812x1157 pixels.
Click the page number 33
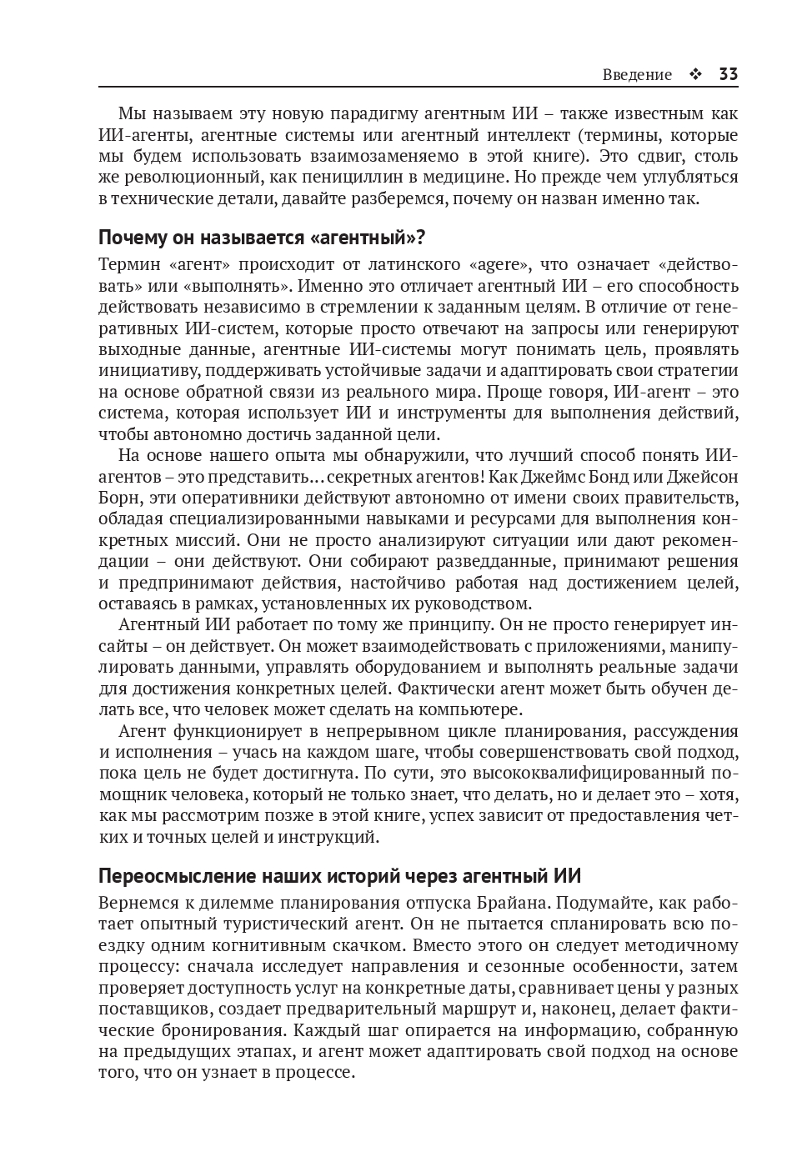point(728,74)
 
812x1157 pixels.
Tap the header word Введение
point(637,75)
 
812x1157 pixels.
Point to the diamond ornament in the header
point(695,75)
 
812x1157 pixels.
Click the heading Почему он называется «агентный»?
point(262,238)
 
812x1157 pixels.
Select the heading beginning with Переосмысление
point(339,876)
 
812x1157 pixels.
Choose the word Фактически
point(440,689)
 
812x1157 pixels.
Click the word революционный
point(194,177)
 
